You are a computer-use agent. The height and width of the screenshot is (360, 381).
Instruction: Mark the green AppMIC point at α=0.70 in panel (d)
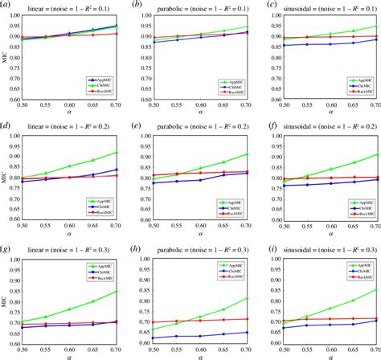coord(117,152)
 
